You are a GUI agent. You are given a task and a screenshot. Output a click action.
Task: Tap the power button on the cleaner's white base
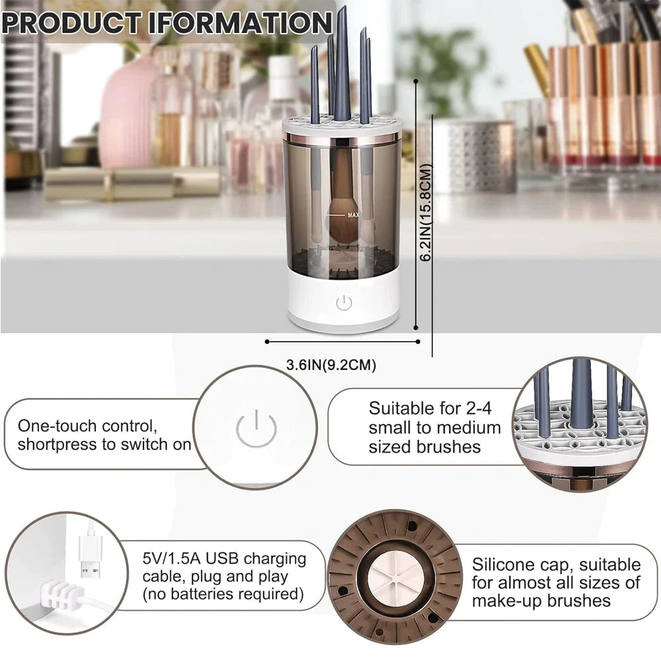point(343,303)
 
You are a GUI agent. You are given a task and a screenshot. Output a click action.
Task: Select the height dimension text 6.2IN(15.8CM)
point(427,213)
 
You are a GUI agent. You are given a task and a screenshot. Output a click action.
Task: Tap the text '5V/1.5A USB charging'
point(224,559)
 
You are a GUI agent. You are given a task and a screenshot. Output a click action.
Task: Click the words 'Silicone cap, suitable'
point(556,564)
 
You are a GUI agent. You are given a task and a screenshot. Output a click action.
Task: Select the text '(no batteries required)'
point(223,595)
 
